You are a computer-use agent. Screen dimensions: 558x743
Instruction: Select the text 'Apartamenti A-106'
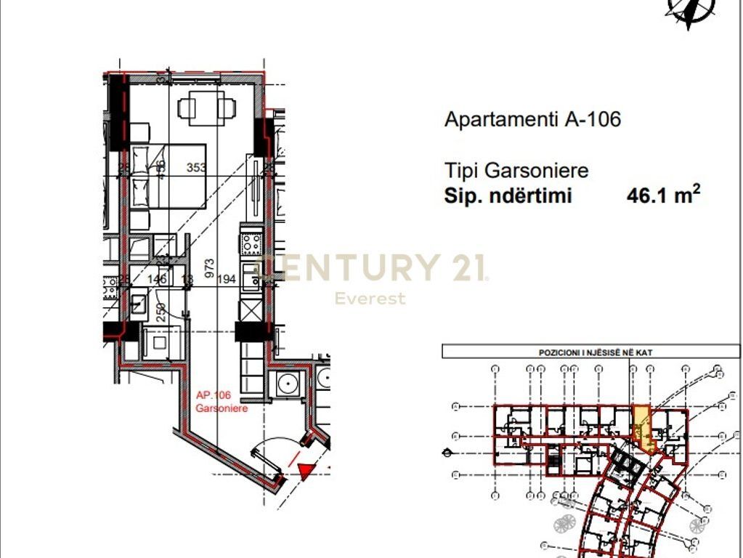click(x=532, y=119)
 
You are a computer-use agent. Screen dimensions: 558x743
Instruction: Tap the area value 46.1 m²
click(x=663, y=195)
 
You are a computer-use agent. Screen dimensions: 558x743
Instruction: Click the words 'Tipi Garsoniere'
click(x=516, y=171)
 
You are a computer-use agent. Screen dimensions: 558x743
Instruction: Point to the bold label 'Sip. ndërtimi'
click(x=508, y=196)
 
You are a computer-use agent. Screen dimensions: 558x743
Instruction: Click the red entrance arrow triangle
click(x=306, y=471)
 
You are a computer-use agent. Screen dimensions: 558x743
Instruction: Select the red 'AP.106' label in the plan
click(x=213, y=395)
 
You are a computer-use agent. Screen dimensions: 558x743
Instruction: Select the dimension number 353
click(x=196, y=168)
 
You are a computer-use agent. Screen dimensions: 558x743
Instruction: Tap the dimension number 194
click(x=227, y=279)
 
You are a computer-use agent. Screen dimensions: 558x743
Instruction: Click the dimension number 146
click(x=157, y=279)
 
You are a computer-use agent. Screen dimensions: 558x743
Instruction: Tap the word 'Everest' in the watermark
click(x=370, y=298)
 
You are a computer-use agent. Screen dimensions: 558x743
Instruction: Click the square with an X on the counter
click(x=251, y=310)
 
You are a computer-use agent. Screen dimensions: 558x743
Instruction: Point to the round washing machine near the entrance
click(x=289, y=382)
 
